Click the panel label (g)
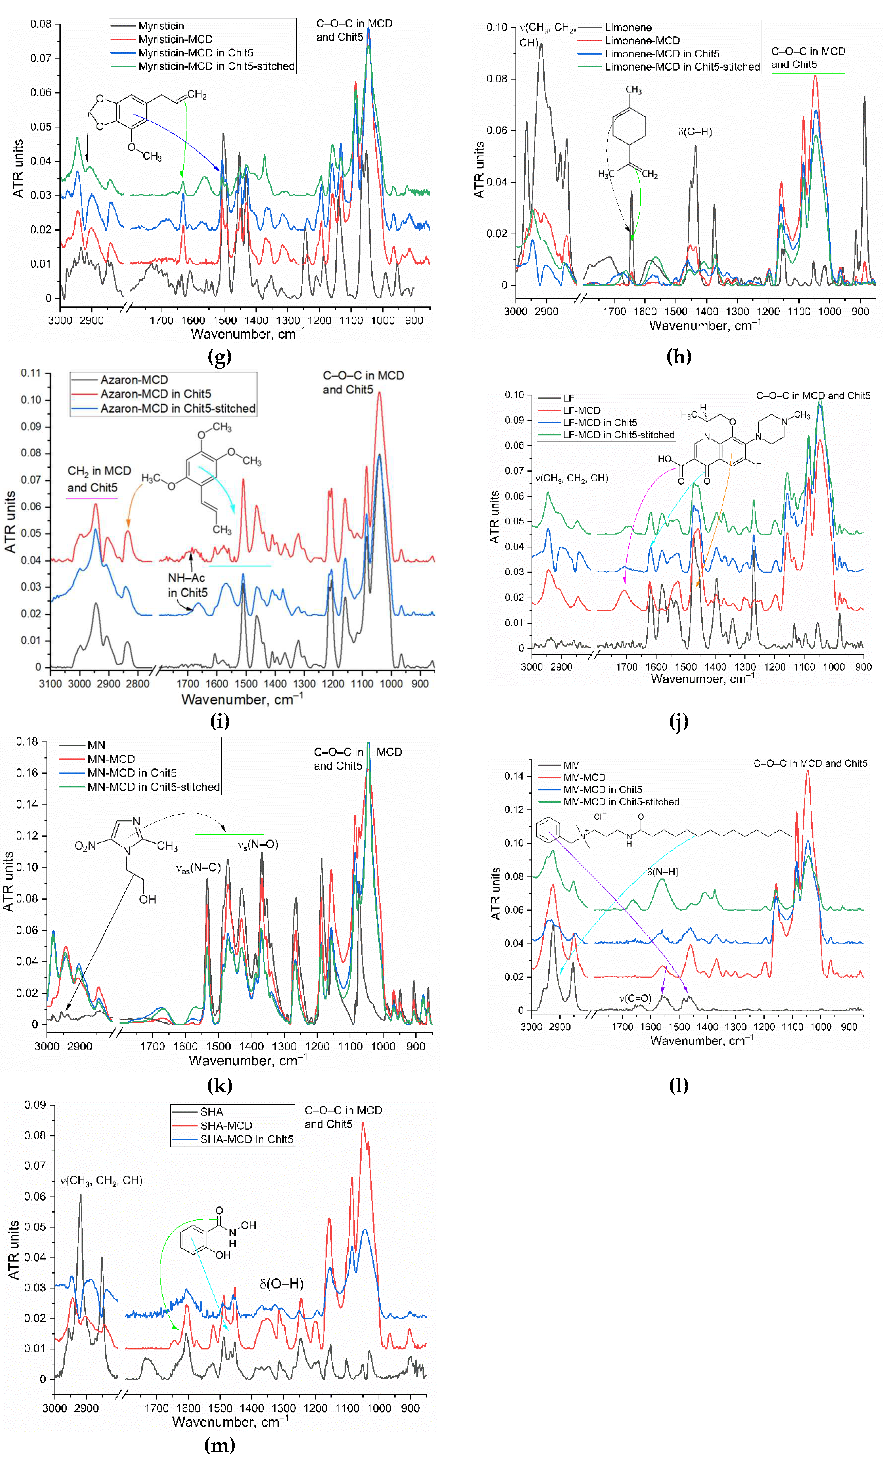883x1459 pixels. (219, 356)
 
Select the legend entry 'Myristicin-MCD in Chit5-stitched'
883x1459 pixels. (216, 66)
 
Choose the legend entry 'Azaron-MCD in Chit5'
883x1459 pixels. (155, 394)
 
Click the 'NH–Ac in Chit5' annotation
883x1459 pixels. (187, 585)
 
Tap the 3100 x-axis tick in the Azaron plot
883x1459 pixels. (50, 684)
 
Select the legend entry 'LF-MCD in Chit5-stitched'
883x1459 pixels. (618, 435)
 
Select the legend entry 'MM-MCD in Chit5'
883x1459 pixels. (602, 789)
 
